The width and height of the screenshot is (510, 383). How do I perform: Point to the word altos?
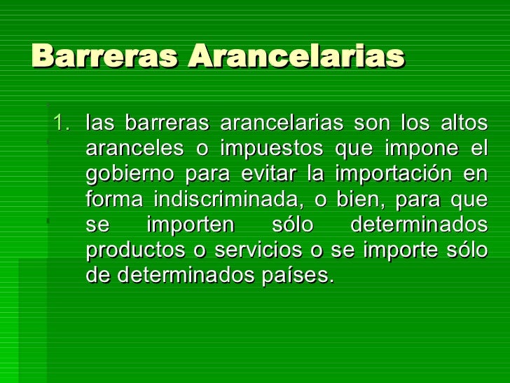[464, 124]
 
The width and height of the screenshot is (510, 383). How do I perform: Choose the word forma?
[114, 199]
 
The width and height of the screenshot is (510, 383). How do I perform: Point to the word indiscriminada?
[228, 199]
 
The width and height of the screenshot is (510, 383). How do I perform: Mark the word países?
[301, 275]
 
